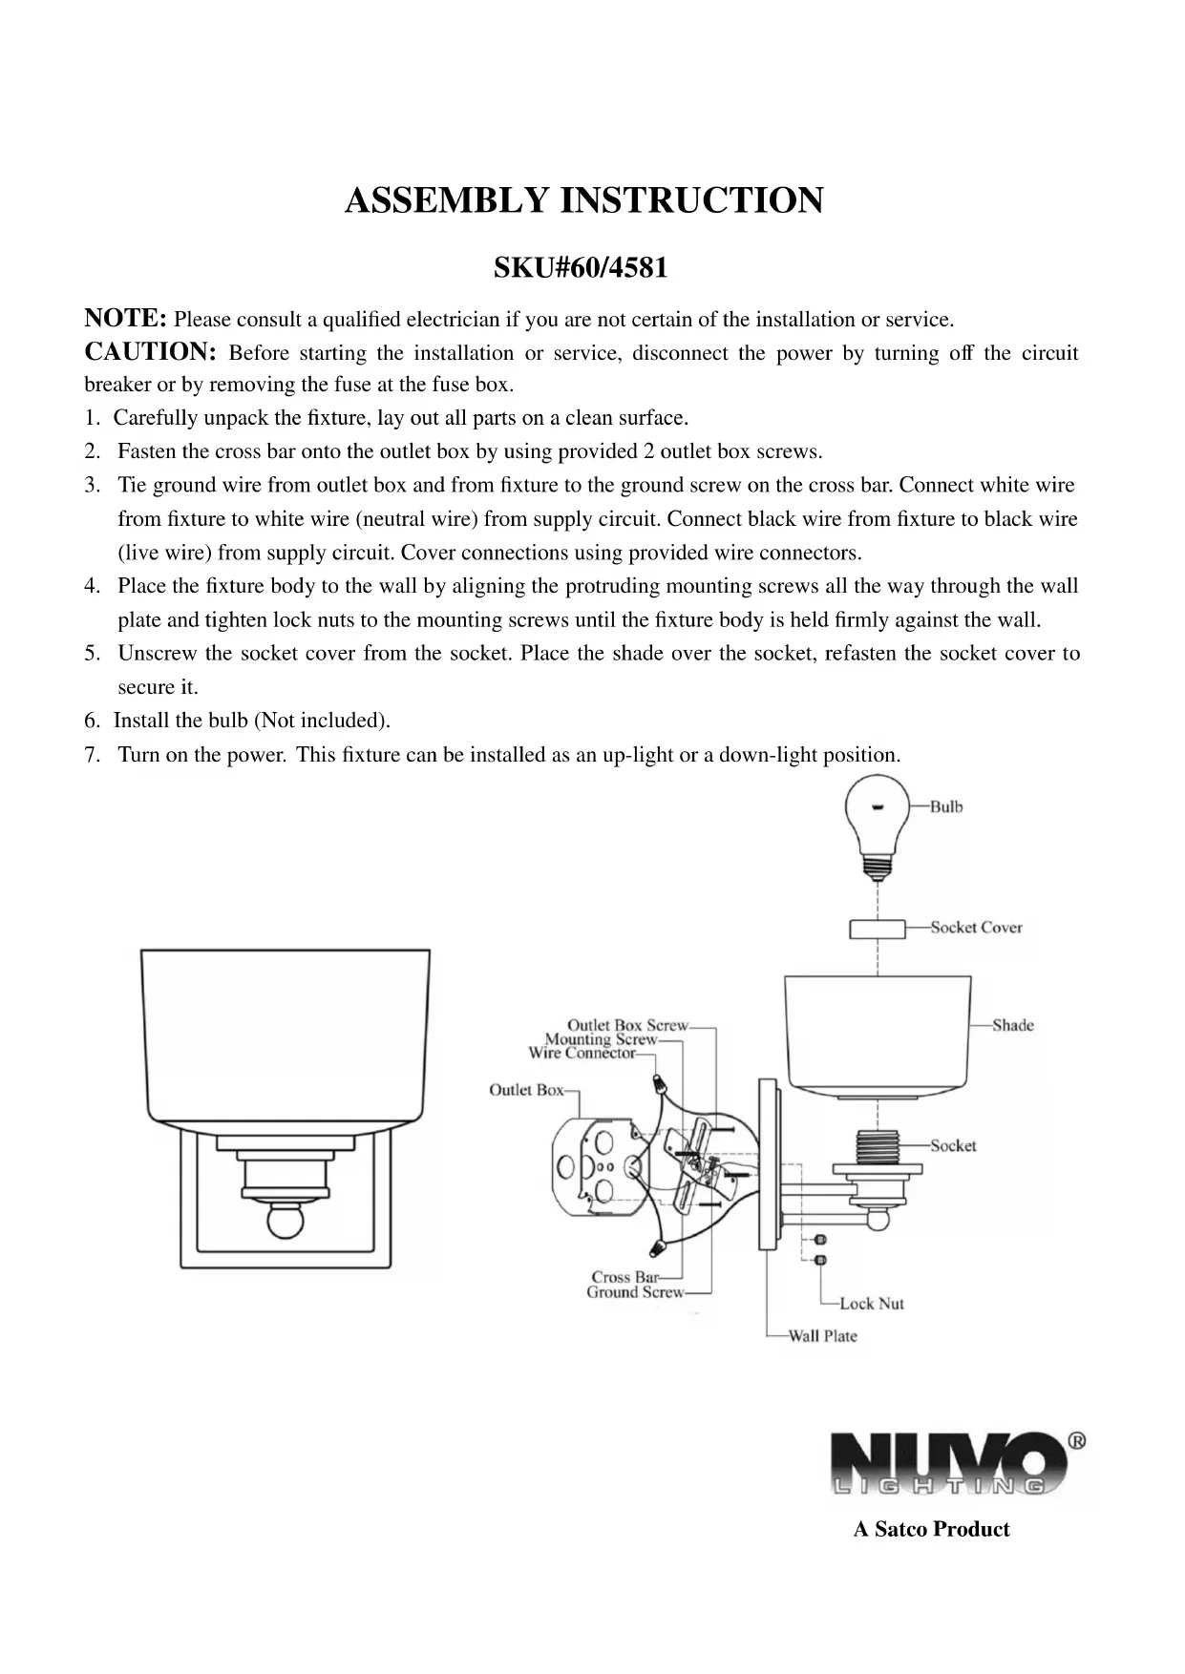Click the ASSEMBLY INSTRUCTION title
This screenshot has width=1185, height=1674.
click(583, 201)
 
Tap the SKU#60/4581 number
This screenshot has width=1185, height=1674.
click(580, 268)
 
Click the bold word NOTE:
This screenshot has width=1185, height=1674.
click(126, 318)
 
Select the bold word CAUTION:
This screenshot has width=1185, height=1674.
click(151, 351)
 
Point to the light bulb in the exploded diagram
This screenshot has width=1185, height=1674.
click(878, 822)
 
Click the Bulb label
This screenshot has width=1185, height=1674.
click(946, 806)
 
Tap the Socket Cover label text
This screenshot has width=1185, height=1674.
click(976, 927)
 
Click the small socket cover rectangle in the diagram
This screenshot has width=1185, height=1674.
click(877, 929)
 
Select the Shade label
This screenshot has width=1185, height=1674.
click(1012, 1025)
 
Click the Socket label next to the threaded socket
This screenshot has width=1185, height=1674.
click(953, 1145)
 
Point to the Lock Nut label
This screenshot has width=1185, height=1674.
click(871, 1304)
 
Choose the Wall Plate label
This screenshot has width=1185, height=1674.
click(822, 1336)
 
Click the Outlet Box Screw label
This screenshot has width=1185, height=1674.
click(627, 1025)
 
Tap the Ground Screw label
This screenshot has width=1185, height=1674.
click(635, 1292)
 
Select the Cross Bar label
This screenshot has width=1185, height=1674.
click(624, 1277)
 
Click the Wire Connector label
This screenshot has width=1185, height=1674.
click(582, 1053)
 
